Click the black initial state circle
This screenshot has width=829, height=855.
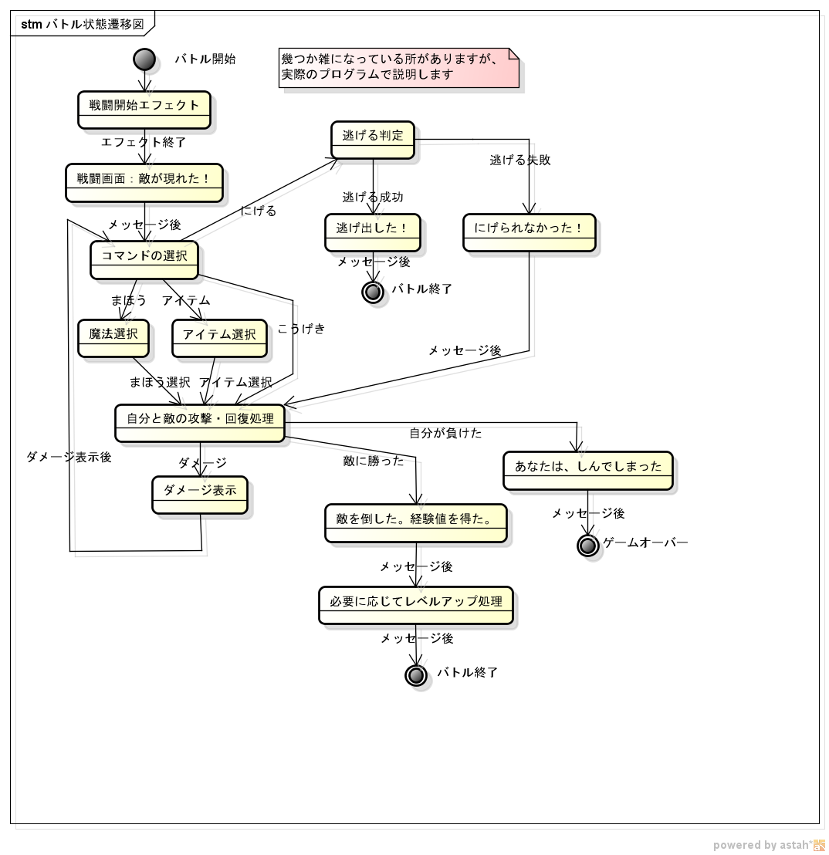click(144, 59)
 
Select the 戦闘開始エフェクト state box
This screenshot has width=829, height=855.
click(144, 110)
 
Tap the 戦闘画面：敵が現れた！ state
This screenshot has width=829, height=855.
click(144, 182)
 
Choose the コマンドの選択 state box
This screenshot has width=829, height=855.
click(144, 259)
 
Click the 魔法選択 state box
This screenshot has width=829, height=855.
click(113, 338)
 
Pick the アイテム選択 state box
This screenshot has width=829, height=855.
click(219, 338)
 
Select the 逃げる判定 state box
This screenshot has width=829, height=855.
click(373, 140)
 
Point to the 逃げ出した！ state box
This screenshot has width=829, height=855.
click(373, 232)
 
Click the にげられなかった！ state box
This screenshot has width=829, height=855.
click(530, 232)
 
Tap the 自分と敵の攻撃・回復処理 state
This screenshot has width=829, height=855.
click(200, 423)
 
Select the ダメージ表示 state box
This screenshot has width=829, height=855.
click(200, 495)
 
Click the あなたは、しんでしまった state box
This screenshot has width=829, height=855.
click(588, 471)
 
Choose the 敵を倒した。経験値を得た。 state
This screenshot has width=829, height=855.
click(416, 523)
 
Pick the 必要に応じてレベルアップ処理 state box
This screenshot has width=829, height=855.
click(416, 605)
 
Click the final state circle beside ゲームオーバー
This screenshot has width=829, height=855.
click(588, 545)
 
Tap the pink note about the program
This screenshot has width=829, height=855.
click(398, 68)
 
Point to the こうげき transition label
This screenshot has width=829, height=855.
click(302, 329)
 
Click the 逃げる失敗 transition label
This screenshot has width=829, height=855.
click(520, 161)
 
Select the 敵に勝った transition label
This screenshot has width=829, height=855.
click(374, 461)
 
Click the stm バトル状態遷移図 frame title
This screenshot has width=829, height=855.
click(83, 24)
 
